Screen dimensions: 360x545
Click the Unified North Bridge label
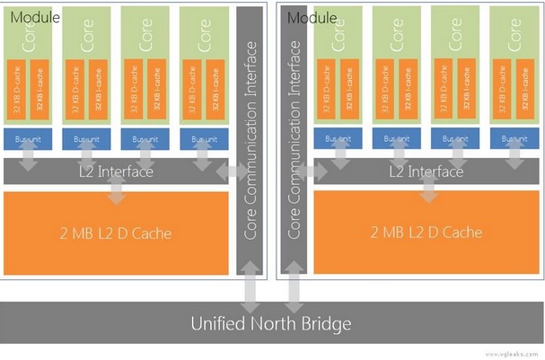pos(272,323)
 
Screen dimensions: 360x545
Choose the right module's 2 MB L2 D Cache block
pos(426,233)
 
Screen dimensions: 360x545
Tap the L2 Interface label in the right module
pos(426,171)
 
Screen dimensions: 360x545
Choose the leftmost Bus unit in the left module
pos(26,139)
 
